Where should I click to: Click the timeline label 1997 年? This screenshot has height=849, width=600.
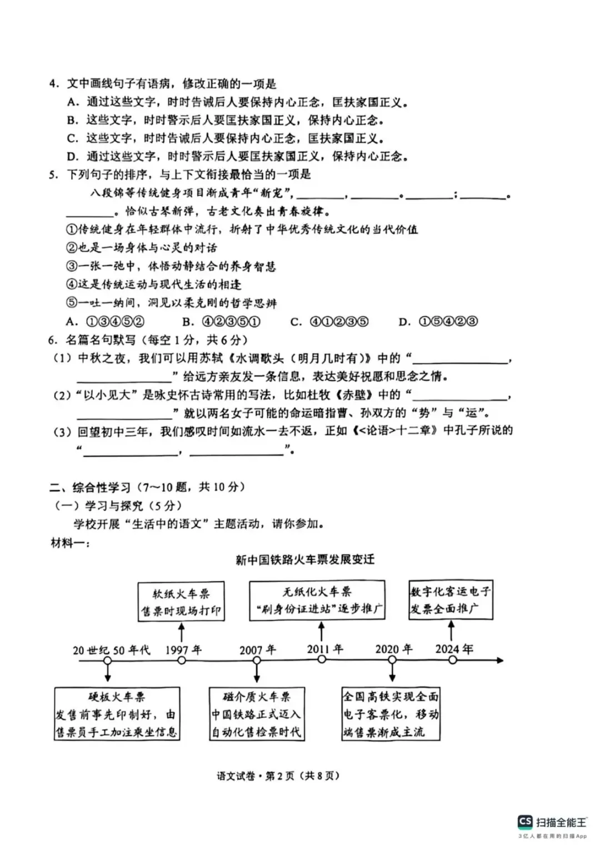click(183, 650)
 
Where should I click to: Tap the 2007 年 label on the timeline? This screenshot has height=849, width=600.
click(257, 650)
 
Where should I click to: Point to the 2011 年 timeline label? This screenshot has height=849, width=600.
click(325, 649)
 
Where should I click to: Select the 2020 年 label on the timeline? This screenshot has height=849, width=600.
click(393, 649)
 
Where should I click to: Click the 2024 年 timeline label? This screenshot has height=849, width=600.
click(454, 649)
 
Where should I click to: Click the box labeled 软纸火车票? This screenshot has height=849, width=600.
click(181, 602)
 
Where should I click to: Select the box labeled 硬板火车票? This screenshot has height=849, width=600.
click(117, 714)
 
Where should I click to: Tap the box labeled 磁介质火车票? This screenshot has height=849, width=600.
click(256, 714)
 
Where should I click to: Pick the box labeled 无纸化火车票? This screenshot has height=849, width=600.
click(317, 600)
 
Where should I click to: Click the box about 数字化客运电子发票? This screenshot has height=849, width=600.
click(450, 600)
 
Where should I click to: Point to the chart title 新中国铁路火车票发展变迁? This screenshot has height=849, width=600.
click(305, 560)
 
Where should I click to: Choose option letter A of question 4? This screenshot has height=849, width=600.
click(73, 102)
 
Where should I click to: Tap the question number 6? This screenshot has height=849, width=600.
click(53, 340)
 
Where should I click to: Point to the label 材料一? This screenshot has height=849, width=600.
click(69, 543)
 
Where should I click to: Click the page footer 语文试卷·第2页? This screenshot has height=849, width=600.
click(278, 776)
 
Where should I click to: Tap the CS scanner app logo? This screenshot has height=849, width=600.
click(524, 822)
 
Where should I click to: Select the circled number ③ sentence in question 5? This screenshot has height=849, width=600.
click(171, 267)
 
